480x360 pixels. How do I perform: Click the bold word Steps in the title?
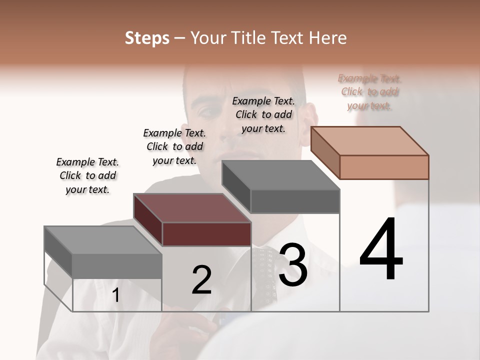click(147, 38)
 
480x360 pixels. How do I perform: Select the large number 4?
click(381, 250)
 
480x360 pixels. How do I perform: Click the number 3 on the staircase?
click(293, 265)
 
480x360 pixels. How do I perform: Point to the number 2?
click(202, 280)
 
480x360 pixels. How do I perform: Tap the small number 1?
click(116, 295)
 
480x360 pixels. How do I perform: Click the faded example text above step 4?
click(369, 92)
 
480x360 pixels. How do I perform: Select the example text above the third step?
click(263, 114)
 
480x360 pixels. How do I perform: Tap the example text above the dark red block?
click(174, 146)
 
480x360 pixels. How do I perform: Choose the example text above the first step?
click(87, 175)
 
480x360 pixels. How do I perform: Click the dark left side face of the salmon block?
click(325, 152)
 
